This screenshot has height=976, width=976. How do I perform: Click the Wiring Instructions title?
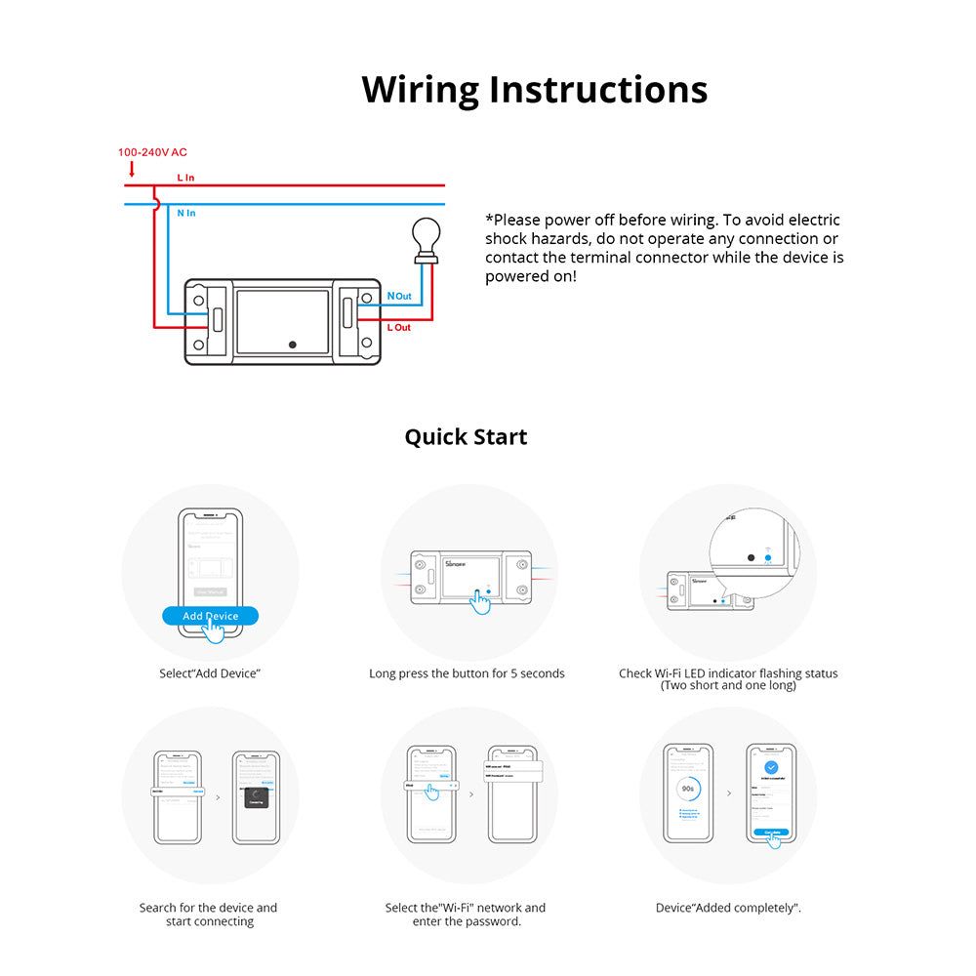click(534, 89)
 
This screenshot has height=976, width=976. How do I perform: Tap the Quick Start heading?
click(466, 436)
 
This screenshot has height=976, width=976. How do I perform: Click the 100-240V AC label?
click(152, 152)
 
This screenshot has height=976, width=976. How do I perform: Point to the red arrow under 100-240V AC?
click(132, 169)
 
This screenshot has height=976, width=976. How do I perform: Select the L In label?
click(185, 178)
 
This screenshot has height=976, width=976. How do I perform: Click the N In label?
click(185, 213)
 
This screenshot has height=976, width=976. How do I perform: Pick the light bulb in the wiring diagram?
click(426, 238)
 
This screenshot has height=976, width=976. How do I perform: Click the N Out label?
click(399, 296)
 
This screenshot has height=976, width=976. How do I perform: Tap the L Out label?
click(399, 327)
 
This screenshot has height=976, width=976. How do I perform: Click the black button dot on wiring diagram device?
click(293, 345)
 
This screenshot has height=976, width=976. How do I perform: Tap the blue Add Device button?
click(210, 616)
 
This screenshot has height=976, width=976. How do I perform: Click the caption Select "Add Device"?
click(210, 673)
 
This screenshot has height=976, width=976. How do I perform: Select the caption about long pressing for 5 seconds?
click(467, 673)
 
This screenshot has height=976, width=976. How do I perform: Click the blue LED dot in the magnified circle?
click(768, 557)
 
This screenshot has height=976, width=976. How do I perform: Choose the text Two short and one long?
click(728, 685)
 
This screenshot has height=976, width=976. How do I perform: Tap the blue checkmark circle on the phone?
click(771, 768)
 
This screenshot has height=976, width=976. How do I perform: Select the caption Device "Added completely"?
click(728, 908)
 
